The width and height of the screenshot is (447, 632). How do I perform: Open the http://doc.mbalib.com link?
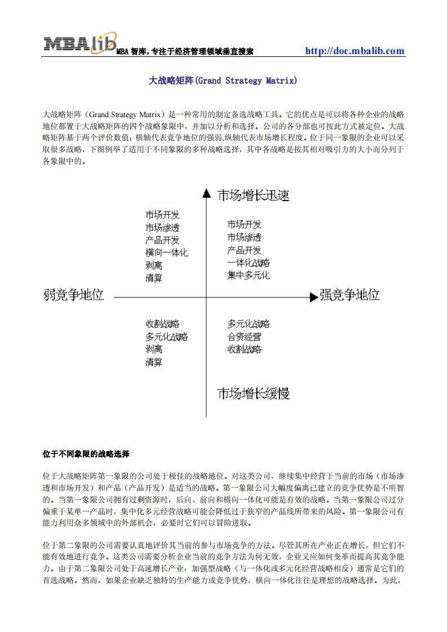point(355,51)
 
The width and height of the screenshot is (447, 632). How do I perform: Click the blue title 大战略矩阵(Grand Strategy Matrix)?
point(223,81)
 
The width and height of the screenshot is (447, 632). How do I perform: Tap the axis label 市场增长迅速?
point(254,195)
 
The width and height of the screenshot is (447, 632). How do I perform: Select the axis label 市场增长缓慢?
point(254,393)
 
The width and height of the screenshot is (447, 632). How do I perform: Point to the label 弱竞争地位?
point(74,295)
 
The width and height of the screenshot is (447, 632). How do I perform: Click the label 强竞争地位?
point(349,295)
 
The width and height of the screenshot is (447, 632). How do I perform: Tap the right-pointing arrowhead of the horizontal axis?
point(314,296)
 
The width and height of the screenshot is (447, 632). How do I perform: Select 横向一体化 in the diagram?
point(166,253)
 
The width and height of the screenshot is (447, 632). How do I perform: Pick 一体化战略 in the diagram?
point(249,263)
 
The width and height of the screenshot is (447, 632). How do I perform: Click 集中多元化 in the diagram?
point(249,275)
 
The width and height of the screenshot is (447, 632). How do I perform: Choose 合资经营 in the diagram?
point(244,337)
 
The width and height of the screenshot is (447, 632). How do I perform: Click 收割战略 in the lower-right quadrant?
point(244,349)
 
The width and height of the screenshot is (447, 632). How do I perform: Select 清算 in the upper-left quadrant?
point(154,278)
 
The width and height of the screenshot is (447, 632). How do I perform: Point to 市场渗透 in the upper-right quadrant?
point(244,237)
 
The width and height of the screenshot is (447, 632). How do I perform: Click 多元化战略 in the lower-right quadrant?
point(249,324)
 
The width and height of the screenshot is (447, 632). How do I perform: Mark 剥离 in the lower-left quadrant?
point(154,349)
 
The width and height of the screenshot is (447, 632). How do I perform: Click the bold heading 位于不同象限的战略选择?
point(86,452)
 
